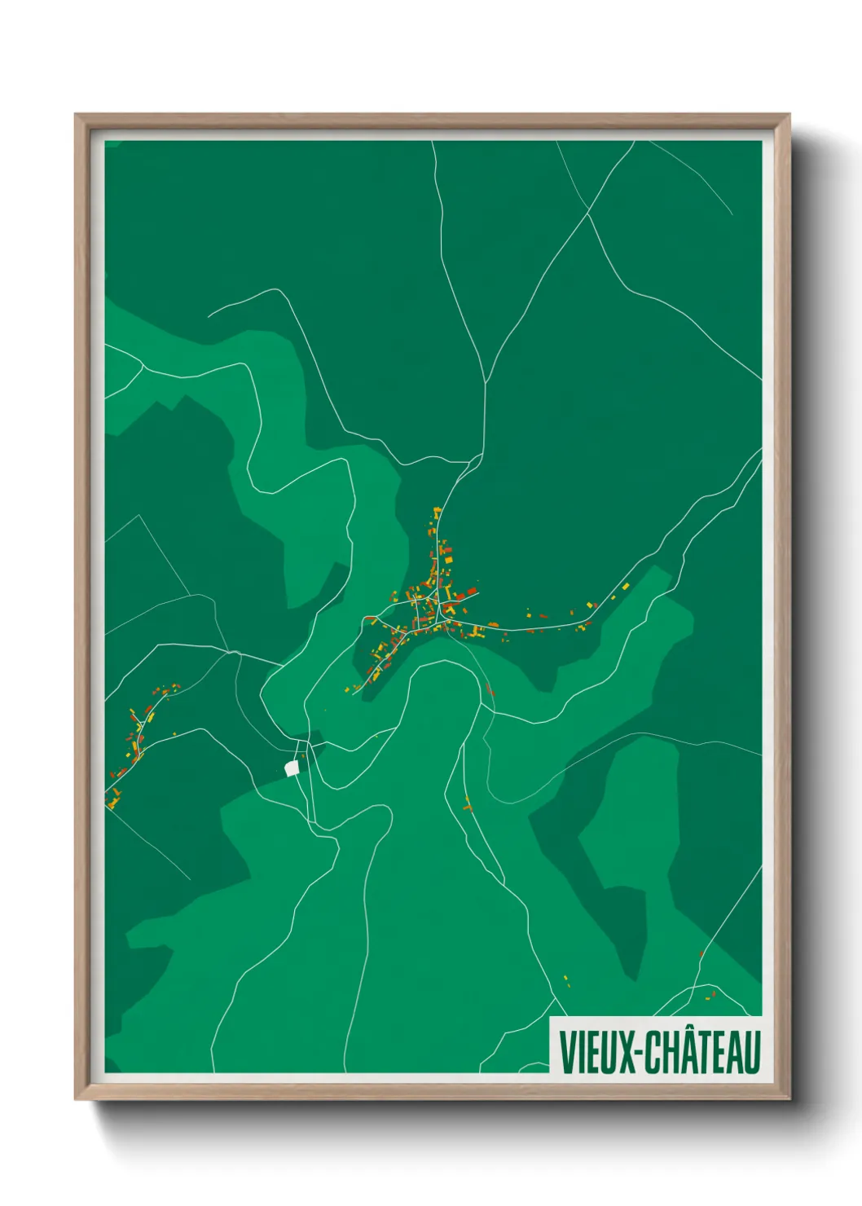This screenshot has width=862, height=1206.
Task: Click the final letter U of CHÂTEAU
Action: tap(752, 1053)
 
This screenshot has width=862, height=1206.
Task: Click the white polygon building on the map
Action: tap(292, 768)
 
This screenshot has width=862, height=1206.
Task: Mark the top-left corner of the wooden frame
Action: tap(76, 115)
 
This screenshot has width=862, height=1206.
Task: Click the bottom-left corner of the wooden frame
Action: tap(76, 1099)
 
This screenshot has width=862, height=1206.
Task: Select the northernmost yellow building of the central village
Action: tap(437, 510)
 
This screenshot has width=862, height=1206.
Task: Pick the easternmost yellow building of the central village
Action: tap(626, 586)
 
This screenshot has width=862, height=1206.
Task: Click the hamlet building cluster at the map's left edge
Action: tap(134, 733)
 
